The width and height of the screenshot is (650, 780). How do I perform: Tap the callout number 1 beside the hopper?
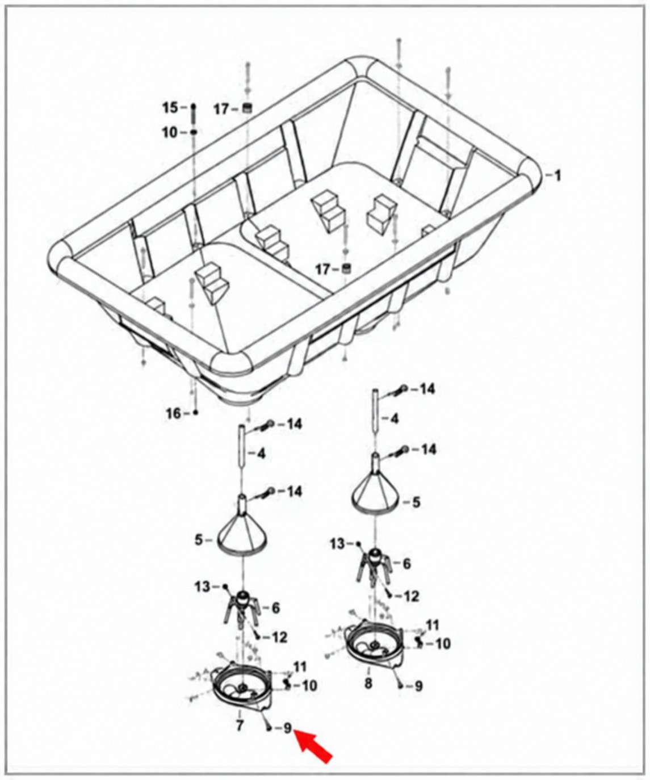pyautogui.click(x=557, y=175)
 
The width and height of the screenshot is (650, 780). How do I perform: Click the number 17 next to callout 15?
pyautogui.click(x=223, y=110)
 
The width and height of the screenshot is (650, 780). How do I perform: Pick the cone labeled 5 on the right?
pyautogui.click(x=377, y=490)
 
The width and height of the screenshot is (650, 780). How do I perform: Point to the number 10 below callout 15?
pyautogui.click(x=171, y=133)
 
